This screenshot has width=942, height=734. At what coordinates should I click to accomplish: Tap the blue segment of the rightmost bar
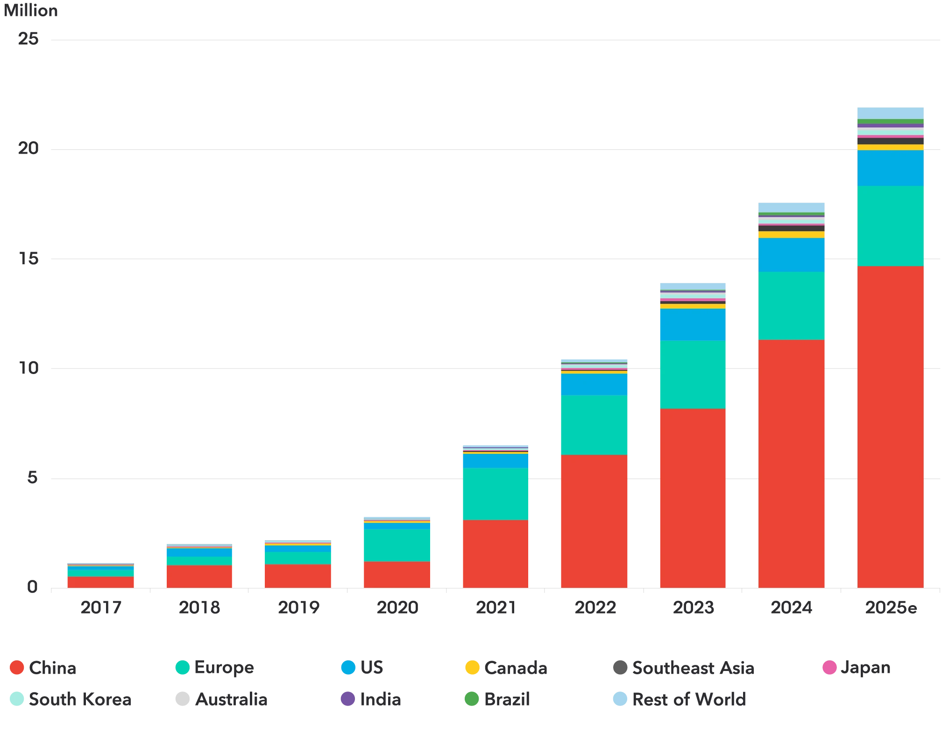click(x=890, y=168)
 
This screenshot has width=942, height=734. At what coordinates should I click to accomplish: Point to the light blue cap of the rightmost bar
click(x=890, y=113)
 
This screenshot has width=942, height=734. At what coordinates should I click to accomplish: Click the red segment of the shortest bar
click(x=100, y=582)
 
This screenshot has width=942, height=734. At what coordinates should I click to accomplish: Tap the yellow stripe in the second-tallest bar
click(x=791, y=234)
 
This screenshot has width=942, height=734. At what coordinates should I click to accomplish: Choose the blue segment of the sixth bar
click(x=594, y=384)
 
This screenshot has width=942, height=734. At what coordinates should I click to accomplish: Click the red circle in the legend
click(x=17, y=667)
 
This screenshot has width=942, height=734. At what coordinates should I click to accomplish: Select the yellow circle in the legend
click(x=472, y=667)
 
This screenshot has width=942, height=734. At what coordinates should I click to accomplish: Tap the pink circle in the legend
click(x=829, y=667)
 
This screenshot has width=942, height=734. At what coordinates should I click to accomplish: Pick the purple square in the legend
click(x=347, y=699)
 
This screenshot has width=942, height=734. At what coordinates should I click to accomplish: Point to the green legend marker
click(x=472, y=699)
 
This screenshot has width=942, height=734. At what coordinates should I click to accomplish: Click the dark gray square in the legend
click(x=620, y=667)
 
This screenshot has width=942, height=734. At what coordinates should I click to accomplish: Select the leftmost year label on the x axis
click(x=100, y=609)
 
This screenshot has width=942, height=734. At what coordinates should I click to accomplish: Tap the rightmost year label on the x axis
click(x=890, y=609)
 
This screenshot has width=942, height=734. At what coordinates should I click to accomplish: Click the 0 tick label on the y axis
click(x=31, y=587)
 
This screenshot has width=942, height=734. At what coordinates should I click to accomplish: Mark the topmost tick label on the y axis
click(x=30, y=38)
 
